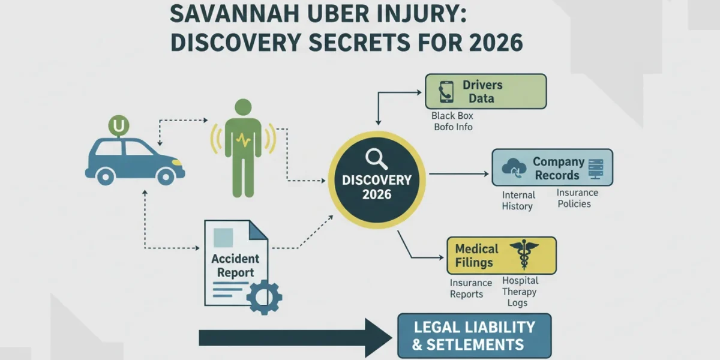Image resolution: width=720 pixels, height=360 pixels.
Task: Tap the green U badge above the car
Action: click(x=119, y=125)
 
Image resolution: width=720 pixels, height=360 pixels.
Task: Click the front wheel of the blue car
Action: click(x=166, y=176)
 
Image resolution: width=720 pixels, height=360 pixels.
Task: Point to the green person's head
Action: click(x=243, y=107)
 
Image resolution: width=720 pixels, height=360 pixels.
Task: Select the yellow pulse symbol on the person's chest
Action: click(x=244, y=140)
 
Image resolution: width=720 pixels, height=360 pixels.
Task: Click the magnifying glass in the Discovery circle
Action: click(x=376, y=158)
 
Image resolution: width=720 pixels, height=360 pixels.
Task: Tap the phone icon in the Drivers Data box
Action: click(x=446, y=92)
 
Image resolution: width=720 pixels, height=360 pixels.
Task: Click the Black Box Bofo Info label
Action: click(x=452, y=121)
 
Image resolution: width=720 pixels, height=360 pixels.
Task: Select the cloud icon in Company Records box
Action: click(x=514, y=168)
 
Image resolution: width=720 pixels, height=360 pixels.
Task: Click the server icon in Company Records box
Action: click(x=596, y=169)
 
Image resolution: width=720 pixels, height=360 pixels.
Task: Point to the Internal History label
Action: click(x=518, y=200)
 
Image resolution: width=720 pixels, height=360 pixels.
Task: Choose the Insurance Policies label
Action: click(x=577, y=198)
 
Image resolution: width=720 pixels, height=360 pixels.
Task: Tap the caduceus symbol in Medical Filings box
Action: click(x=524, y=254)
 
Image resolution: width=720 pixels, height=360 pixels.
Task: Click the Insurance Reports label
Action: click(x=470, y=289)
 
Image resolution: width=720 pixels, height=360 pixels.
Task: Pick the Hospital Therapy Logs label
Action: click(x=520, y=292)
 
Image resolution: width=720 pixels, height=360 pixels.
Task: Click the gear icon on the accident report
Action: click(x=264, y=297)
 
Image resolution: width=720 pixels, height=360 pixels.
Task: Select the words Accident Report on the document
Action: click(x=235, y=265)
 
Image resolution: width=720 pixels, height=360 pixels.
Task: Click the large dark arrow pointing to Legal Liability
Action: click(x=295, y=338)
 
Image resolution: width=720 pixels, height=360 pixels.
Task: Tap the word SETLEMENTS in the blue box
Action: click(x=475, y=344)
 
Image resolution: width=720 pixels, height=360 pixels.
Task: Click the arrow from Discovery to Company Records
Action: click(x=458, y=174)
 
